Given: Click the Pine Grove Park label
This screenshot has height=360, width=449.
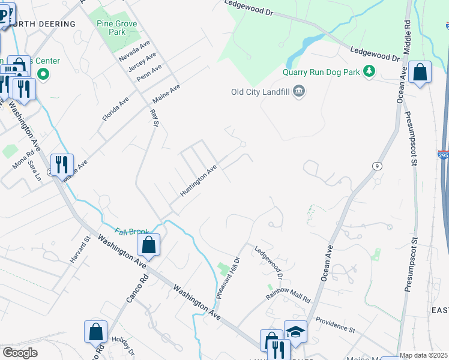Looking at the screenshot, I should pos(117,28).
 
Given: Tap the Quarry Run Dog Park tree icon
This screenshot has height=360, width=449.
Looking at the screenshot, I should pos(369,72).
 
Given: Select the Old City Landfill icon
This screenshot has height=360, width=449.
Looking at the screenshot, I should pos(300,92).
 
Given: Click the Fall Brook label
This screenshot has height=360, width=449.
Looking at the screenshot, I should pos(128,232).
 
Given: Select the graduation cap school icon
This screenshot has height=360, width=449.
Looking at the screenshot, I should pos(295,331).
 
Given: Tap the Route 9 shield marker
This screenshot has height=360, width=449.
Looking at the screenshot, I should pos(377,166).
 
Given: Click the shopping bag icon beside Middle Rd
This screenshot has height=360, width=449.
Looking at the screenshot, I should pos(420,72).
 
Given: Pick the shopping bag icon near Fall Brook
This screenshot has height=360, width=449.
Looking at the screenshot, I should pos(148,245).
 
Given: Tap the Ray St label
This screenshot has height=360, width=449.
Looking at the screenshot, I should pos(155,118).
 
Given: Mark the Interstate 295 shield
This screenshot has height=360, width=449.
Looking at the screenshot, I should pos(443,155).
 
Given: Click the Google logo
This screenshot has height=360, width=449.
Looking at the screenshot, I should pos(20,353).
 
